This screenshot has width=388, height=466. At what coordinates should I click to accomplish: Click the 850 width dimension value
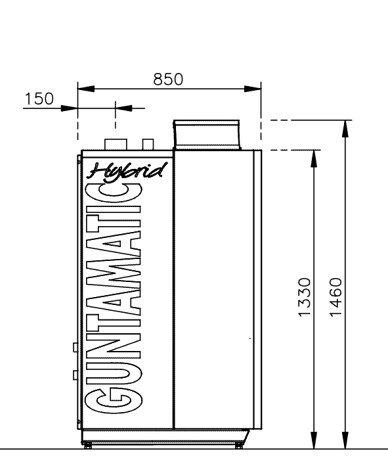pyautogui.click(x=168, y=80)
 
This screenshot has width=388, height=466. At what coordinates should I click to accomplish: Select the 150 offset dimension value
pyautogui.click(x=39, y=99)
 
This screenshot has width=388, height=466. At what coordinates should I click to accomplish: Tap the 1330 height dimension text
pyautogui.click(x=304, y=297)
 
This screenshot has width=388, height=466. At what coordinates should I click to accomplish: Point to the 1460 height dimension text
pyautogui.click(x=335, y=297)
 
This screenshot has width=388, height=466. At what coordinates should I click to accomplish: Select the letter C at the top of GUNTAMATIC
pyautogui.click(x=113, y=193)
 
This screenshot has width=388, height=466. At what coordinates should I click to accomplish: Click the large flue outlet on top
pyautogui.click(x=207, y=134)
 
